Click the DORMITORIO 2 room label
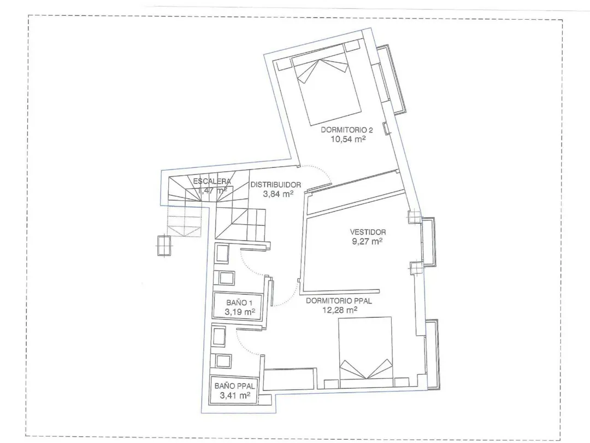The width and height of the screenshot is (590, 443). tap(346, 130)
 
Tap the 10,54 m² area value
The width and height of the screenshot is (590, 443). tap(348, 139)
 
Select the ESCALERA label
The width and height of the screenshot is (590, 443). tap(212, 181)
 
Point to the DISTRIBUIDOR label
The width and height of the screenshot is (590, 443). tap(276, 185)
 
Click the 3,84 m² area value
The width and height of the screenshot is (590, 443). tap(278, 194)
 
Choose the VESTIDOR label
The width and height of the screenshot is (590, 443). tap(368, 232)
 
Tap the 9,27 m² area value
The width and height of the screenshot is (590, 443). tap(367, 241)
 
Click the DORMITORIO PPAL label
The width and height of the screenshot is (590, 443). tap(339, 301)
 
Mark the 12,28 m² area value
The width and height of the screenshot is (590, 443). tap(340, 310)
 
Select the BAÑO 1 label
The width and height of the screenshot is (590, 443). tap(239, 302)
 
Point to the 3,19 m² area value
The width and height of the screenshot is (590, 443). tap(240, 312)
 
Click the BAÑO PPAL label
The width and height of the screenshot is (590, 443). tap(234, 386)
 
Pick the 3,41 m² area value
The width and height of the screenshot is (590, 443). tap(235, 395)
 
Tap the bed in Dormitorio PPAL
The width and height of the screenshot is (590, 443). tap(365, 352)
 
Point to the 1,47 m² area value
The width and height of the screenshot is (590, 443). tap(212, 190)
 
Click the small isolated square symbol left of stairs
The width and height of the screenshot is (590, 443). tap(164, 245)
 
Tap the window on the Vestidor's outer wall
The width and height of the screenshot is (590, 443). tap(428, 242)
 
